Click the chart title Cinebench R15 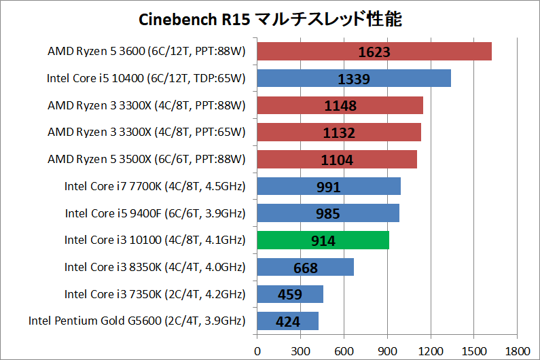tap(270, 19)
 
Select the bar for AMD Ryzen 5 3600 tap(374, 52)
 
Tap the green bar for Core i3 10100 tap(323, 240)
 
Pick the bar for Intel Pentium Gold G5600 tap(287, 321)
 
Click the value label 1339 tap(353, 79)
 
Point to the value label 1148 tap(340, 106)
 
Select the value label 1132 tap(338, 132)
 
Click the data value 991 tap(328, 187)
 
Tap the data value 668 tap(306, 268)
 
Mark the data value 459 tap(290, 295)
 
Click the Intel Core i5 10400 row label tap(146, 79)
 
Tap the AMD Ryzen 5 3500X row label tap(147, 160)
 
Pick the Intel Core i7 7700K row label tap(155, 187)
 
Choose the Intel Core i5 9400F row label tap(155, 214)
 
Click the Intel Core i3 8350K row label tap(155, 268)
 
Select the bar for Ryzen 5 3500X tap(336, 160)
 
